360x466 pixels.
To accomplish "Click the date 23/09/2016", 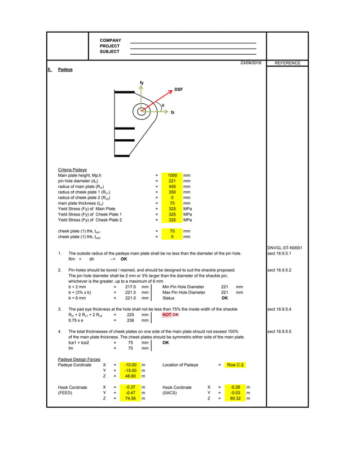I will [251, 63].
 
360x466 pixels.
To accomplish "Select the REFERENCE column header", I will [287, 63].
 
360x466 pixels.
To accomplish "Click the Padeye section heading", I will [65, 70].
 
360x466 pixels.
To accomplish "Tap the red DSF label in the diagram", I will [178, 90].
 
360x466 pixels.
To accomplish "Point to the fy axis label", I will [142, 83].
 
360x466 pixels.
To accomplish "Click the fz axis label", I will [173, 112].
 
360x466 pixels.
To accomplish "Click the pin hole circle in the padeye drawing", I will [141, 111].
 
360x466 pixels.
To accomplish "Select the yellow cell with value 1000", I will [172, 175].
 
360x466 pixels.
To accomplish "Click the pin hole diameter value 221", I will [172, 181].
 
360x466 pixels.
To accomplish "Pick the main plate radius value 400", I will [172, 187].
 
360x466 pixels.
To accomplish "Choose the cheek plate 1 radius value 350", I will [172, 192].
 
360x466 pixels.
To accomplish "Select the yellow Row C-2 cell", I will [235, 365].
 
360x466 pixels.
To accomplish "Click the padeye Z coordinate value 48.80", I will [130, 376].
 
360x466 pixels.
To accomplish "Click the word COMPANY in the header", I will [110, 41].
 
